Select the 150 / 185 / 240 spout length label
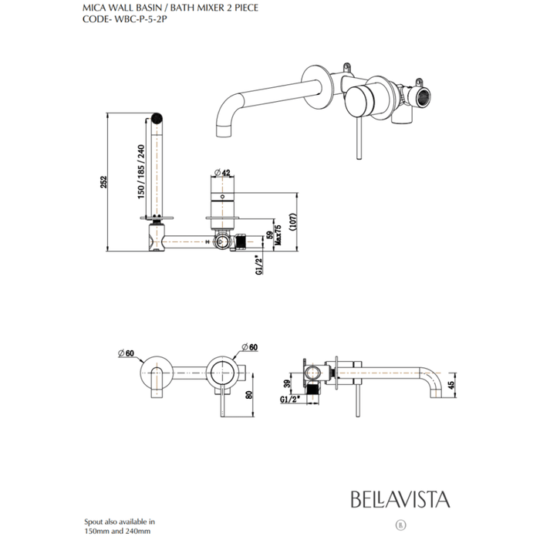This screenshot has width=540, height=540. pos(140,174)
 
